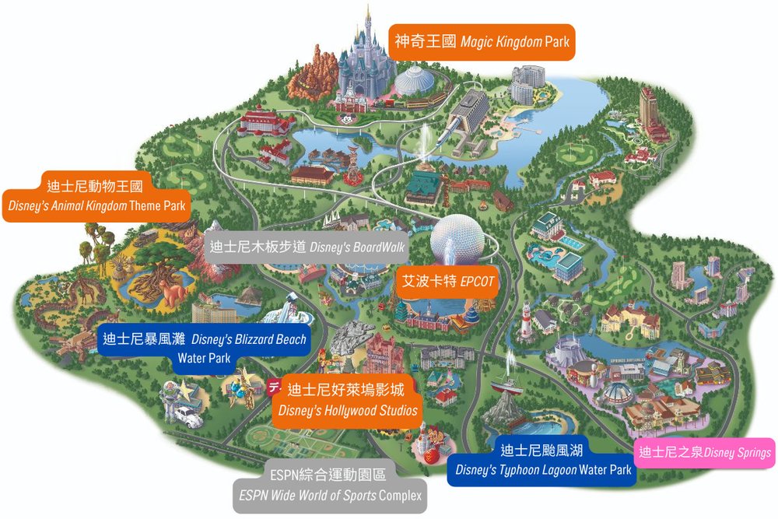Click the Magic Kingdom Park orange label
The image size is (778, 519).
[x=482, y=40]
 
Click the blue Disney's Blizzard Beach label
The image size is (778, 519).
[x=204, y=348]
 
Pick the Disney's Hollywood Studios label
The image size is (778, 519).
[x=347, y=399]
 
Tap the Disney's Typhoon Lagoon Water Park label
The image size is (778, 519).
[x=542, y=461]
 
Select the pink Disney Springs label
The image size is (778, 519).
[x=705, y=453]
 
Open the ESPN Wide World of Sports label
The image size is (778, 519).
[x=330, y=486]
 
